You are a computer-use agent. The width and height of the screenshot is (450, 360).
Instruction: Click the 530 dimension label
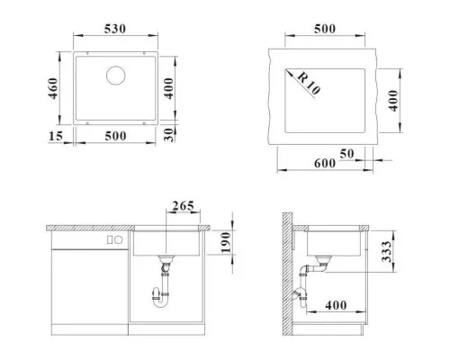click(x=115, y=29)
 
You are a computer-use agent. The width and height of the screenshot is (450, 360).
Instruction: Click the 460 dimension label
click(x=53, y=88)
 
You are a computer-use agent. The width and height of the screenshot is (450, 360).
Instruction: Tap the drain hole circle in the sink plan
click(x=115, y=76)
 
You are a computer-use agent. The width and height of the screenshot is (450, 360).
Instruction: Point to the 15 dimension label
click(x=56, y=136)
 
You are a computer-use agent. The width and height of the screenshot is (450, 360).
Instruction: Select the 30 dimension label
click(x=169, y=135)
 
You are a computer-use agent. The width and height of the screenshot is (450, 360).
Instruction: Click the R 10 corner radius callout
click(x=309, y=84)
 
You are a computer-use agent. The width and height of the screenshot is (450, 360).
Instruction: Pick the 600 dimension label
click(x=325, y=164)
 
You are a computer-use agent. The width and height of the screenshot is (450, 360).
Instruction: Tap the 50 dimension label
click(x=346, y=154)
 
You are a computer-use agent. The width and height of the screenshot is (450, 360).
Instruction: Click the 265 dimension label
click(x=183, y=206)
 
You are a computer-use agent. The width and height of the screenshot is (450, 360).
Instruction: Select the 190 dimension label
click(x=226, y=242)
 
